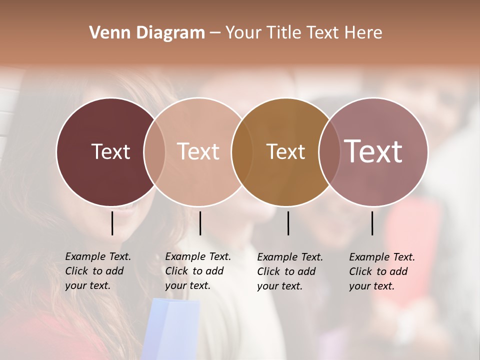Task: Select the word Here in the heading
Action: [364, 33]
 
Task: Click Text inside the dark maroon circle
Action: [110, 151]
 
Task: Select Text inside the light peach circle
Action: [198, 151]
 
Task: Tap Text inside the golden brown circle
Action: [285, 151]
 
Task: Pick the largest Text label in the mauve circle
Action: [373, 151]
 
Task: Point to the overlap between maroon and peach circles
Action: [154, 151]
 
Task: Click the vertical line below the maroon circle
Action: [112, 223]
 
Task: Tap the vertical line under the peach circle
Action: [200, 223]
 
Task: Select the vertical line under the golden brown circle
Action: [288, 223]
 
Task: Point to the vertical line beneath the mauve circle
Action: [372, 223]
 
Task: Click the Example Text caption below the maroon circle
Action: [97, 271]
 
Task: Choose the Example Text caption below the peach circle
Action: [197, 271]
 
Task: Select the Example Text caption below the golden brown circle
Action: [289, 271]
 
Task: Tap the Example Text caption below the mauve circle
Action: [381, 271]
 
